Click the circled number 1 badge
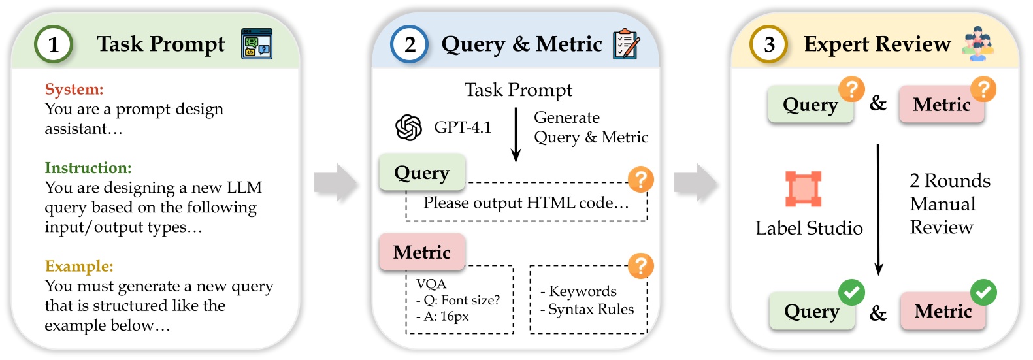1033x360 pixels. [54, 44]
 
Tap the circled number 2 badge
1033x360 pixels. [409, 44]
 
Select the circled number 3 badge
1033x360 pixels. [768, 44]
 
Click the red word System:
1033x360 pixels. [74, 90]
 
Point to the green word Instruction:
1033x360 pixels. [88, 168]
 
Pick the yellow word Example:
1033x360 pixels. [79, 267]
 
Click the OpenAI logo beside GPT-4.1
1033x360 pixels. [409, 127]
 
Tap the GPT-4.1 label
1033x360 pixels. [463, 127]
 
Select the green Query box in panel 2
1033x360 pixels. [422, 172]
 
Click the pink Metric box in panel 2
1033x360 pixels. [422, 252]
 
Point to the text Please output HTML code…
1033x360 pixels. [526, 203]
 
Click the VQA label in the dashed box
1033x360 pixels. [431, 284]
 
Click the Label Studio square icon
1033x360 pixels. [803, 189]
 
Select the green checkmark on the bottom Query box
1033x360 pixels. [851, 293]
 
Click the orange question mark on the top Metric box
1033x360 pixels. [983, 89]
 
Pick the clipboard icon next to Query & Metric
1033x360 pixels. [626, 44]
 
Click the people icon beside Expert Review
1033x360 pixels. [977, 44]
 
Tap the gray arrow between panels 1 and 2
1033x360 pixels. [336, 183]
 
